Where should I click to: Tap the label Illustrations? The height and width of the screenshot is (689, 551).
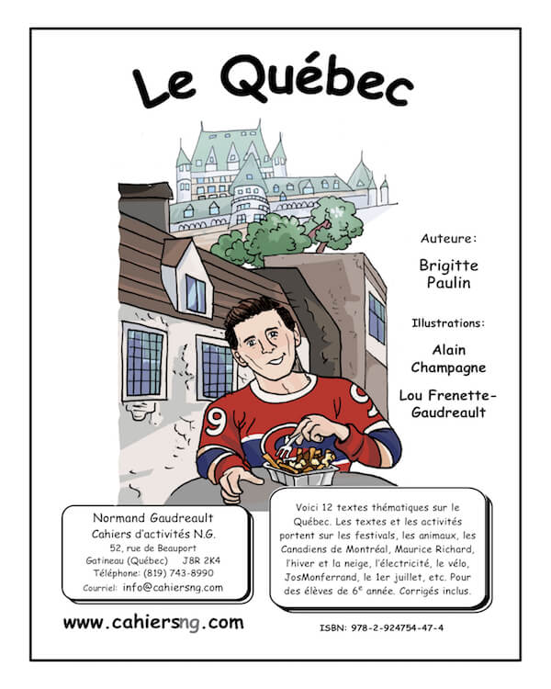point(447,322)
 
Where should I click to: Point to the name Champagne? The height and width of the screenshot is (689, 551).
point(447,367)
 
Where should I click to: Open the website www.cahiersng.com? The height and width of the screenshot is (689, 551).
point(153,623)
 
